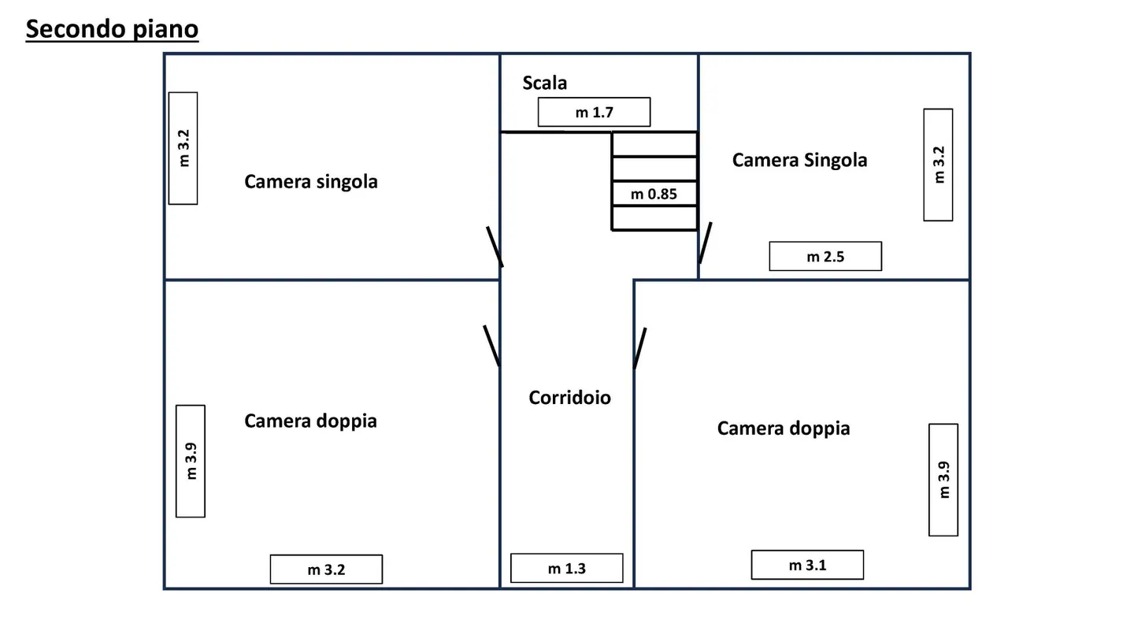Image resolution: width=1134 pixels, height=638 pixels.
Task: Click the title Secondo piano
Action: (112, 29)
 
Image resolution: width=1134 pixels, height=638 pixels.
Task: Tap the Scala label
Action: (544, 83)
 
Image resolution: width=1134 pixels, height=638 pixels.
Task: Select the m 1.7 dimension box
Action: (594, 112)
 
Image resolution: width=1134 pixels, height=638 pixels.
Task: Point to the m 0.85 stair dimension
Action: (654, 194)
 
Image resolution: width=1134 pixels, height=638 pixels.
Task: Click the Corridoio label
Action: (569, 398)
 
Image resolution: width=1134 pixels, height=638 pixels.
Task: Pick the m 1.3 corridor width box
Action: (566, 568)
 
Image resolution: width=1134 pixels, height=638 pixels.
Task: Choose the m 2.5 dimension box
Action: (825, 256)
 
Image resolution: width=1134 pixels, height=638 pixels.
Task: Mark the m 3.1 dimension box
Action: (807, 565)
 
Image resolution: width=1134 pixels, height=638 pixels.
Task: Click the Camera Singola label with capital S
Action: (799, 160)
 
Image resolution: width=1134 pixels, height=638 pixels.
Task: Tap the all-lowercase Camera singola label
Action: (311, 182)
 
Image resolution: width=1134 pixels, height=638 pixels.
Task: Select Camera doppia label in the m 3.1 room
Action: (784, 428)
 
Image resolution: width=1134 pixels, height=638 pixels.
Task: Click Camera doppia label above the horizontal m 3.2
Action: (310, 421)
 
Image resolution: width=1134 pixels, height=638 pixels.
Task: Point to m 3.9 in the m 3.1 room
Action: (943, 480)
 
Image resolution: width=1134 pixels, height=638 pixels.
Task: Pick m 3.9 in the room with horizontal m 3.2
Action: (191, 461)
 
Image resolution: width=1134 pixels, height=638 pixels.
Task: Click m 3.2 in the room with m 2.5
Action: (938, 165)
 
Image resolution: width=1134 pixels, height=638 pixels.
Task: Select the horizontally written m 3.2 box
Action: (326, 569)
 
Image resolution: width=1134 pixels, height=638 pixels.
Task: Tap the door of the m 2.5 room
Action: (705, 243)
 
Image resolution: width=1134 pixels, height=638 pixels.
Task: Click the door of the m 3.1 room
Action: (640, 348)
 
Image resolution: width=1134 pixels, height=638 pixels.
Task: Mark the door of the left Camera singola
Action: (495, 247)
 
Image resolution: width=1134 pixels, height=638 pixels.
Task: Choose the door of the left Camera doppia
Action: (491, 345)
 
